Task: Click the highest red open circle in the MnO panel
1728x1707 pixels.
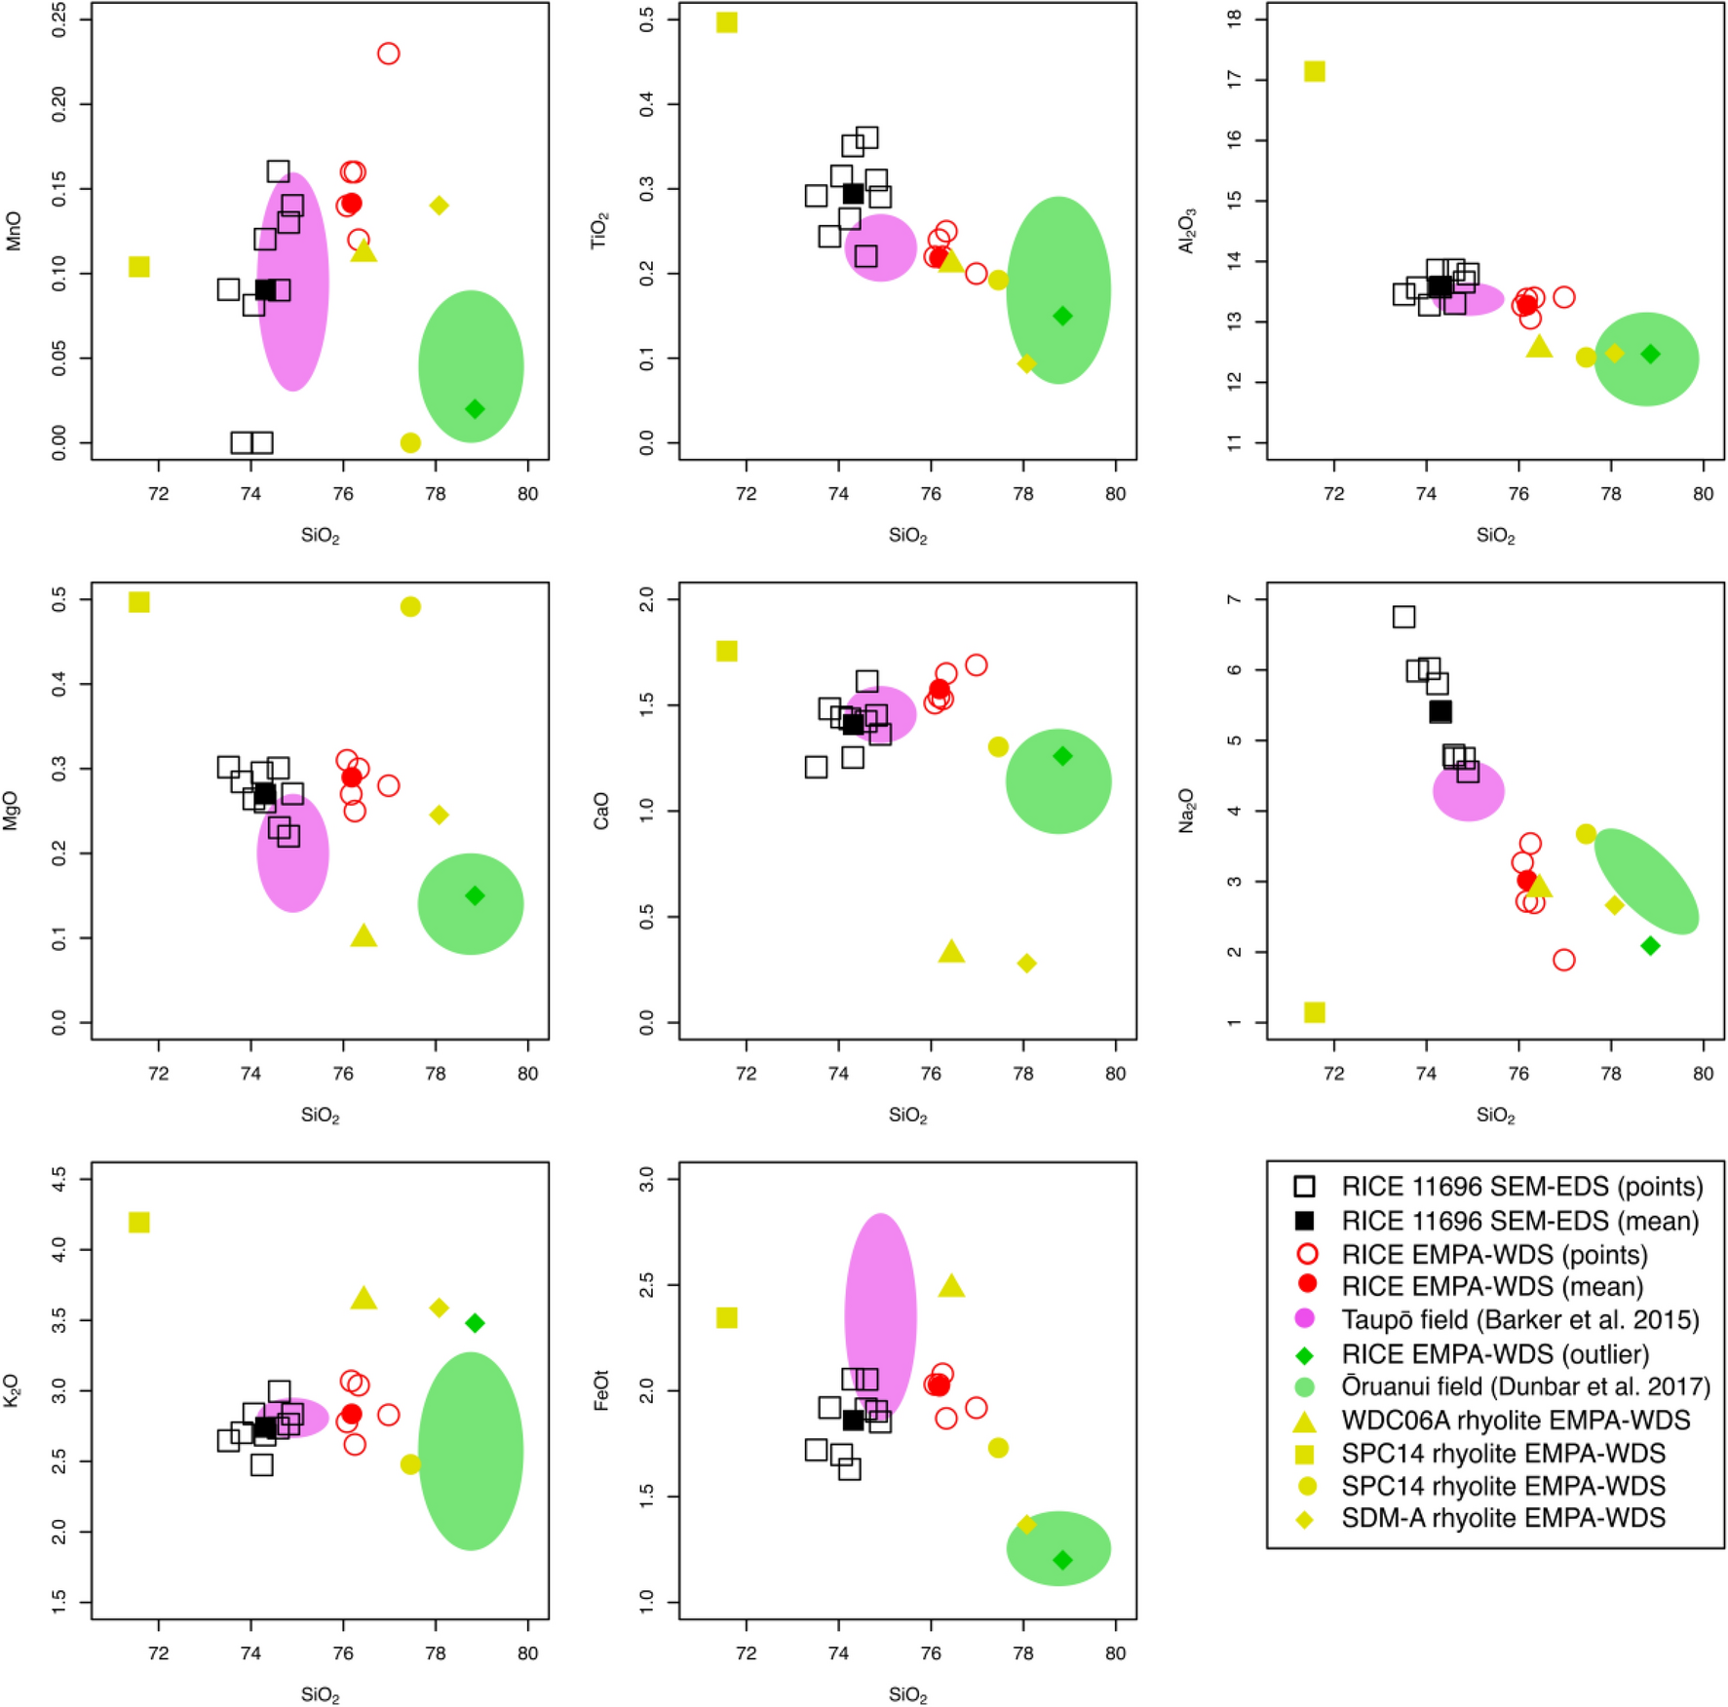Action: [388, 54]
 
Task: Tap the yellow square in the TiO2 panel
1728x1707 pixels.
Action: [726, 22]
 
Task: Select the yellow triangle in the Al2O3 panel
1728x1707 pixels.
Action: [1538, 347]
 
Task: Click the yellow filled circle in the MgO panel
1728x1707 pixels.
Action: [410, 607]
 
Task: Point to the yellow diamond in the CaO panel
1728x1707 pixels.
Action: [1026, 963]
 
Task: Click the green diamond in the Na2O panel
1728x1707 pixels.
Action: [1650, 946]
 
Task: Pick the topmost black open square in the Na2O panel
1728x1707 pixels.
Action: [1403, 617]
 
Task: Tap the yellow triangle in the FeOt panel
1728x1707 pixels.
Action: [951, 1287]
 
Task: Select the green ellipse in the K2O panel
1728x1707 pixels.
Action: [471, 1451]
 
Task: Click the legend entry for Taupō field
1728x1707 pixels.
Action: [1519, 1320]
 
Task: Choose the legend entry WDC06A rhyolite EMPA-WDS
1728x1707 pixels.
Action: [1515, 1420]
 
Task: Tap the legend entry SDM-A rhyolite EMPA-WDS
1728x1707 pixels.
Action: [1503, 1518]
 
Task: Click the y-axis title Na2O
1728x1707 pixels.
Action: [1186, 811]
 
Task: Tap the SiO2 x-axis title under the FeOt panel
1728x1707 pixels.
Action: [907, 1695]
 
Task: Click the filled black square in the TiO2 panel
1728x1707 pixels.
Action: [853, 194]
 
